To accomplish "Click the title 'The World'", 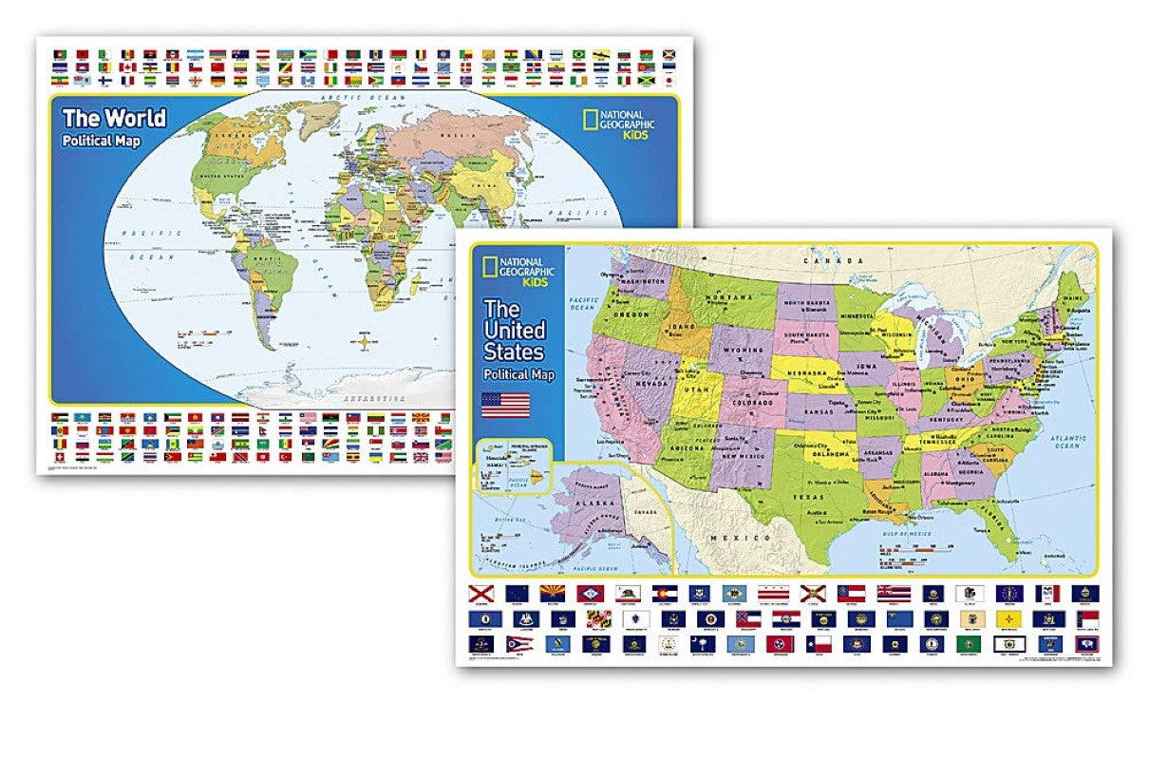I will tap(114, 119).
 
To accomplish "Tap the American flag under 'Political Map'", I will tap(505, 405).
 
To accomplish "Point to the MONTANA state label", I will tap(726, 298).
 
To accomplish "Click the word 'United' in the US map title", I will tap(515, 331).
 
